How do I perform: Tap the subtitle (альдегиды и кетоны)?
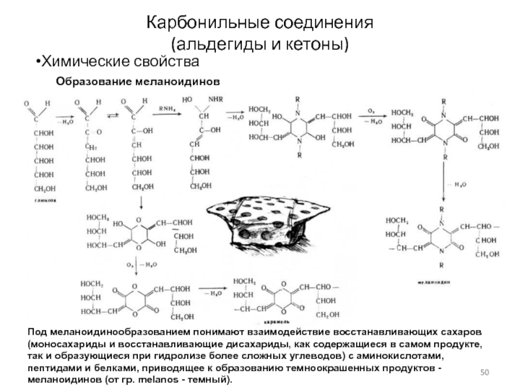click(x=260, y=45)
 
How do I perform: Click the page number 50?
click(x=484, y=371)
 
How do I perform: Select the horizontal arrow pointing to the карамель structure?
click(x=211, y=293)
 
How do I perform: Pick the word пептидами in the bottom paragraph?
click(x=53, y=368)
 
